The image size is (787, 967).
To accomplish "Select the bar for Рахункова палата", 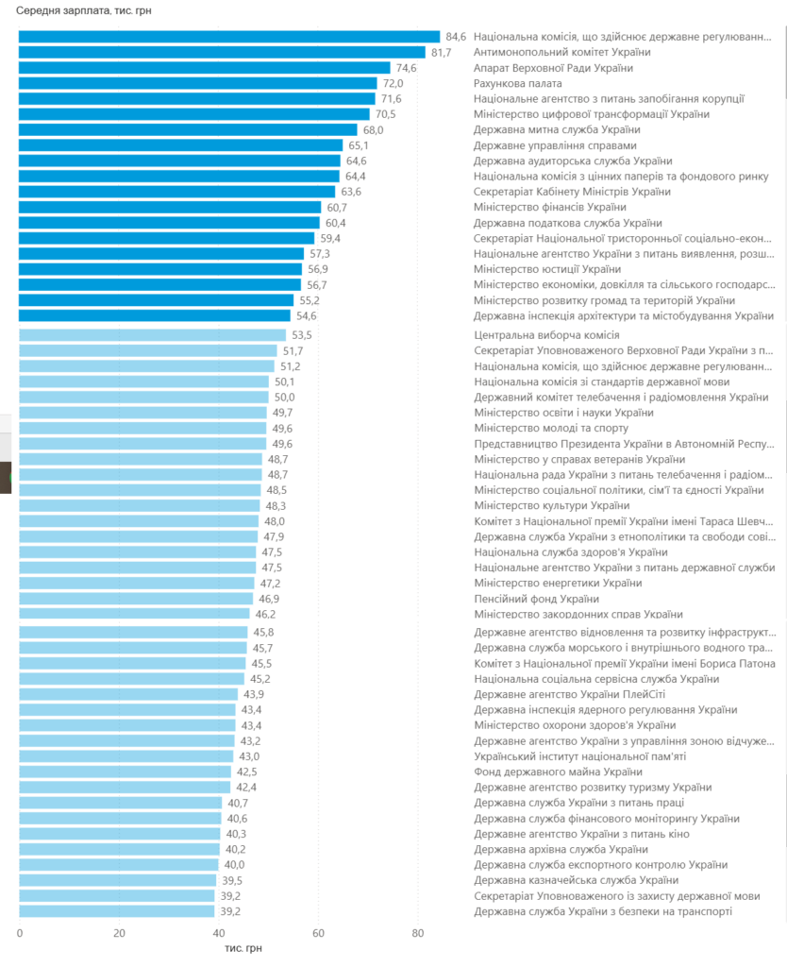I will pos(198,83).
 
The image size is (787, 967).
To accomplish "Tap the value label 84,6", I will pos(457,37).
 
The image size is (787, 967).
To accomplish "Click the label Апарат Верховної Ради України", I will pos(553,68).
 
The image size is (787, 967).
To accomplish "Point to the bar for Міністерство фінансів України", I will pos(170,207).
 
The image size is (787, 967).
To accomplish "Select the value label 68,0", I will pos(374,129).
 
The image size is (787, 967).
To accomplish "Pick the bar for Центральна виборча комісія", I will pos(152,335).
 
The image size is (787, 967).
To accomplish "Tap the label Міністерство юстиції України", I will pos(547,269).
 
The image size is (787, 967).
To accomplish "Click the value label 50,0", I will pos(284,398).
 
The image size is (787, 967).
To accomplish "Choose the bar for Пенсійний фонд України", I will pos(136,599).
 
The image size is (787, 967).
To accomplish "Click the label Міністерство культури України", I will pos(552,506).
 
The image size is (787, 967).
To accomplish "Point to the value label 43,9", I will pos(253,694).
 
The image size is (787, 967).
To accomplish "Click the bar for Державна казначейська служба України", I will pos(117,880).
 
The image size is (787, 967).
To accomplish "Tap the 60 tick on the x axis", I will pos(319,933).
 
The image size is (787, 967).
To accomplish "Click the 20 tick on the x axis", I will pos(119,933).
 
